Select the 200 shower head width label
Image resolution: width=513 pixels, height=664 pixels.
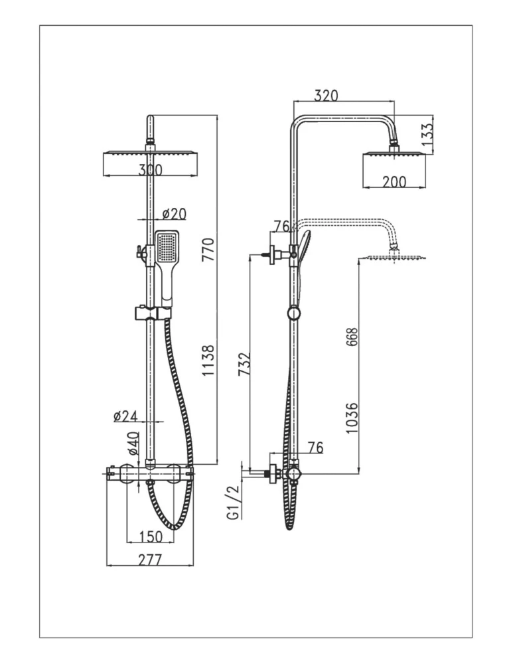pyautogui.click(x=394, y=182)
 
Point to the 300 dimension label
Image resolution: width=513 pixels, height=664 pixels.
pyautogui.click(x=150, y=170)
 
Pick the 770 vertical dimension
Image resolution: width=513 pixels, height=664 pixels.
pyautogui.click(x=208, y=249)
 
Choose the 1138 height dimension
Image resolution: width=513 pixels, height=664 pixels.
pyautogui.click(x=208, y=361)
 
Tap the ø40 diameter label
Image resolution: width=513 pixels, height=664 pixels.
pyautogui.click(x=133, y=443)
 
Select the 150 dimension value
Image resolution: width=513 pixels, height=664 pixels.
pyautogui.click(x=151, y=537)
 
